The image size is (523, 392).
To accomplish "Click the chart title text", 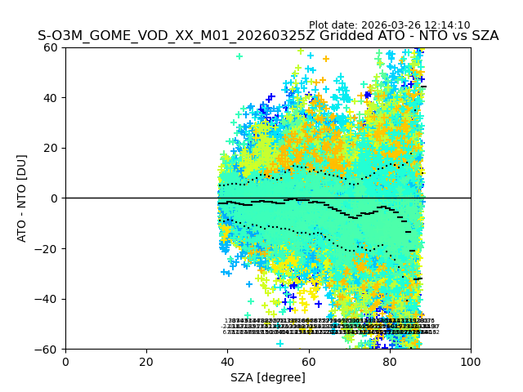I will point(268,37).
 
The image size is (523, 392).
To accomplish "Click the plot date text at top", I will point(389,25).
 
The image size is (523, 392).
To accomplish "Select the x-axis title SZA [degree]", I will point(268,377).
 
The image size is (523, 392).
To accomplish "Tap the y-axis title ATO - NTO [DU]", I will point(22,198).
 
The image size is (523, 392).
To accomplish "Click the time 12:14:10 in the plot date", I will point(448,25).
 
